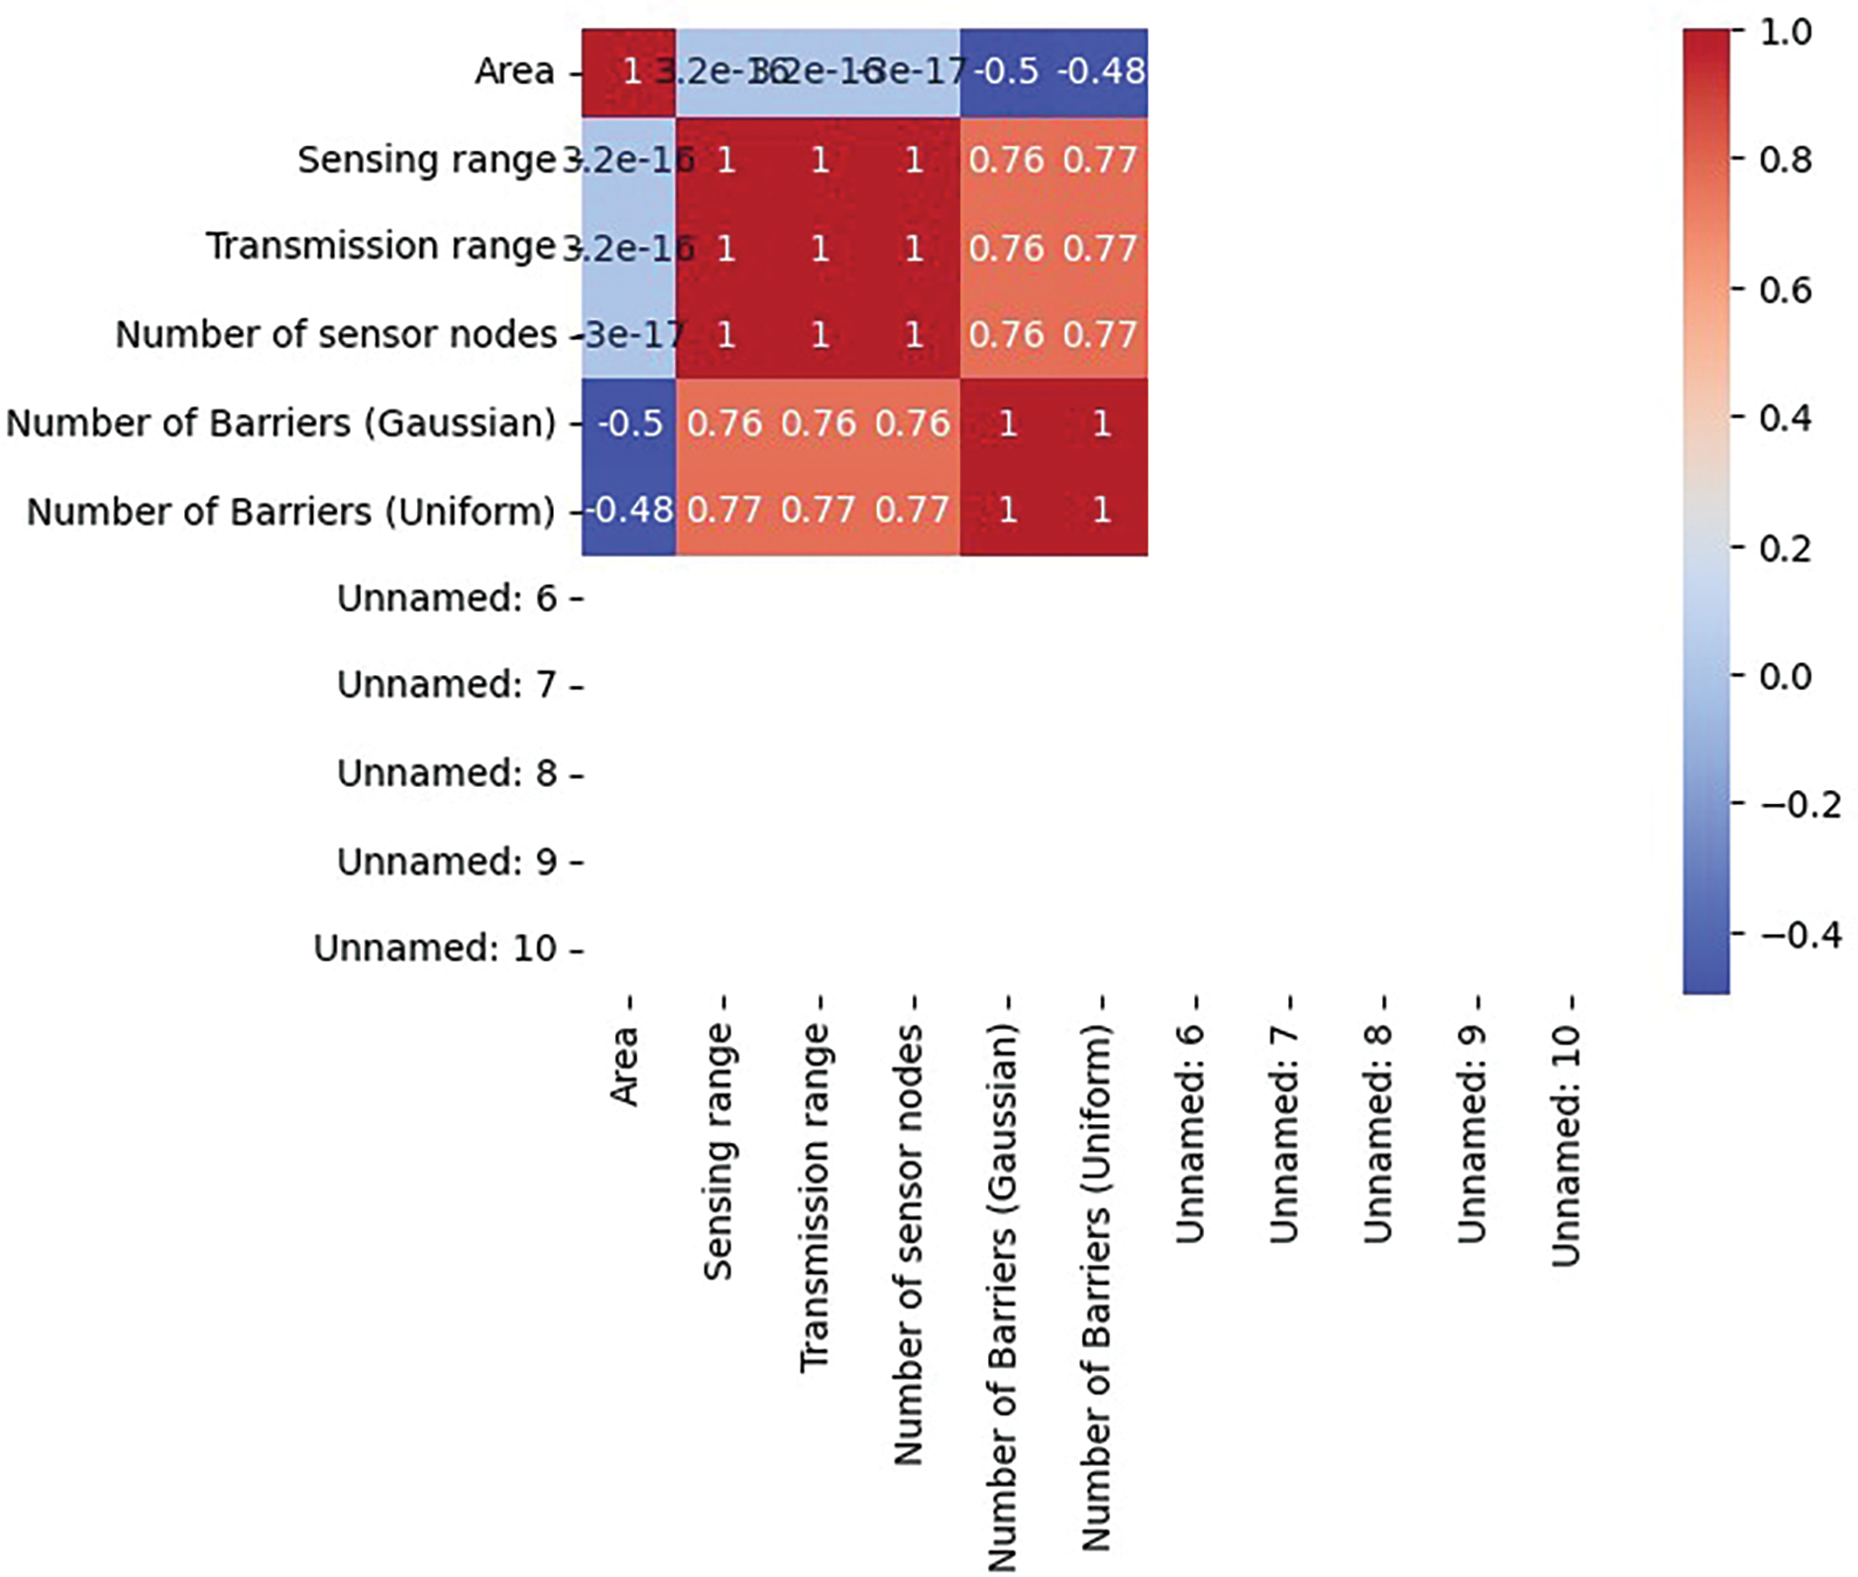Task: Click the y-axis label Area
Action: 514,71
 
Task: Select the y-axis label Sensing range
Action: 426,160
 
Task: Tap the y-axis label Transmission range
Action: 381,246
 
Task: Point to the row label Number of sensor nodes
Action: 336,335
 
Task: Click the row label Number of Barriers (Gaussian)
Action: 281,423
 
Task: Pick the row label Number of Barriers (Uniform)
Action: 291,511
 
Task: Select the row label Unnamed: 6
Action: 447,599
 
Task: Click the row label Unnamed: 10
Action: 435,949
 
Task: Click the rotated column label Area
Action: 624,1066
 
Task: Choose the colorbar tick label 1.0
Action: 1786,32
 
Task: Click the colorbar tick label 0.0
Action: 1786,676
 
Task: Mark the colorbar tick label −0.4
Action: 1800,935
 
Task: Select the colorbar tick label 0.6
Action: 1786,289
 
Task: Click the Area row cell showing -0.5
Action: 1007,71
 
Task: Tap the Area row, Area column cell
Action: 629,71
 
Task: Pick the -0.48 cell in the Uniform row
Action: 629,510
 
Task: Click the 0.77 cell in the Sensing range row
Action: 1100,160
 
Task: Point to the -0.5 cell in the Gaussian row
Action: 629,423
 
